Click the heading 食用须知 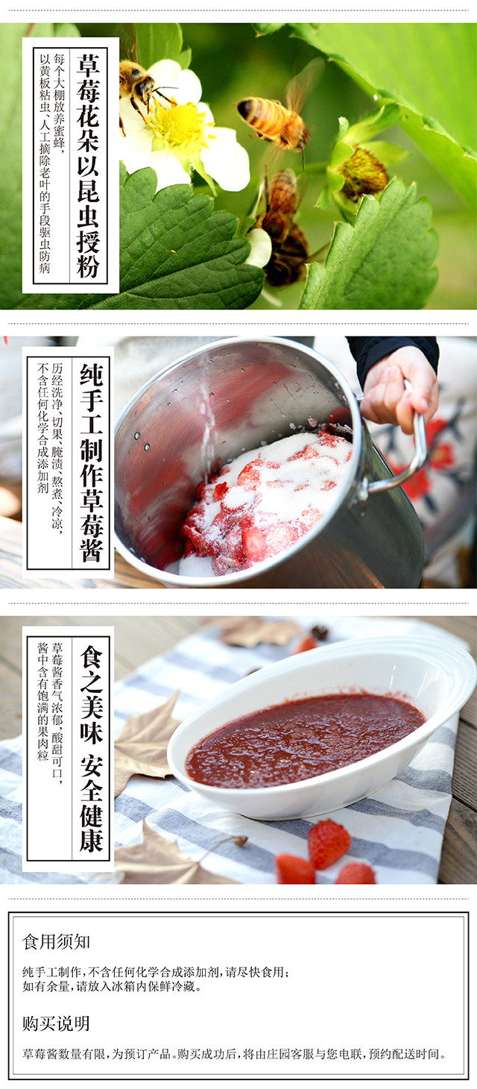(56, 942)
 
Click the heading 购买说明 (56, 1023)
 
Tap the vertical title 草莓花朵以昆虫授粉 (88, 166)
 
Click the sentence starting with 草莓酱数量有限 (234, 1054)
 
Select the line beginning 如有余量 (112, 986)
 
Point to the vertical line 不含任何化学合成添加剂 (43, 428)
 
